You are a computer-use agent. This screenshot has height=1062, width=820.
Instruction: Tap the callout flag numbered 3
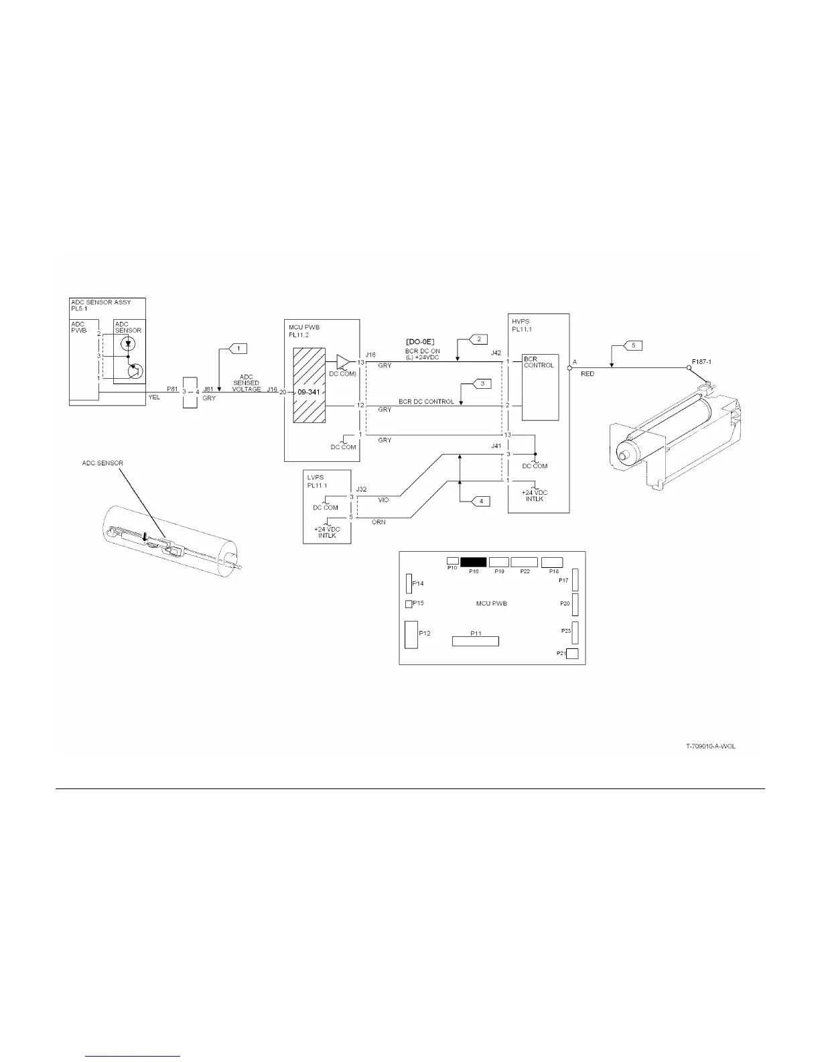482,383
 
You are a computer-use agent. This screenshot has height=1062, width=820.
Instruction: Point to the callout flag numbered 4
480,501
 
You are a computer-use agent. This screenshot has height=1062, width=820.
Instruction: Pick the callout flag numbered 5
633,345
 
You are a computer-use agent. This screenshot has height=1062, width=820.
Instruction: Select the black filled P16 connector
473,562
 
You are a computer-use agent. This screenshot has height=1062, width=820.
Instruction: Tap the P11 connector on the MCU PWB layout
476,642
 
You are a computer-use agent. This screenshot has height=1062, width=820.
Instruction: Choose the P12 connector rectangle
411,634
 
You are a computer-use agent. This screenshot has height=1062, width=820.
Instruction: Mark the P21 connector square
572,654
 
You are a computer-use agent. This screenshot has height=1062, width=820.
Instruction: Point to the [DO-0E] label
420,343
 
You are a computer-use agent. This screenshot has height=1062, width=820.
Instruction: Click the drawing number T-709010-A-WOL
710,746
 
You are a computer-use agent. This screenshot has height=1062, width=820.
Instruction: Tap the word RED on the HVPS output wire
587,374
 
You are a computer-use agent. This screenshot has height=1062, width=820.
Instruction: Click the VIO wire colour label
383,500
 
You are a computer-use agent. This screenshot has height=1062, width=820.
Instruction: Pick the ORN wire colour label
379,522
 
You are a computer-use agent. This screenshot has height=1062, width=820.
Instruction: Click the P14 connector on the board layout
409,583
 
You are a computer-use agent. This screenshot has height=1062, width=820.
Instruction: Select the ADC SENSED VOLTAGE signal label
246,383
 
